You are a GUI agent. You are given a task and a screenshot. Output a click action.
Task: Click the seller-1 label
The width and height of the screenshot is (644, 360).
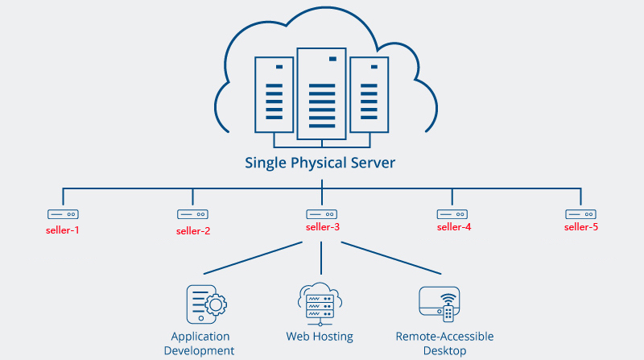click(63, 230)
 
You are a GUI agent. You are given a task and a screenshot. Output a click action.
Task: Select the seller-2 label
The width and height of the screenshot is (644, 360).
click(193, 231)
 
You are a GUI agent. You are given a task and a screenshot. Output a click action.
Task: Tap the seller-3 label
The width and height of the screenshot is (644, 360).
click(323, 227)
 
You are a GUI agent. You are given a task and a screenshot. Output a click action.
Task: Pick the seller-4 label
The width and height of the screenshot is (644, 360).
click(454, 227)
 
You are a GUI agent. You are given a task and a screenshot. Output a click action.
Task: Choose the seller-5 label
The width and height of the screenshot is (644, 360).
click(581, 227)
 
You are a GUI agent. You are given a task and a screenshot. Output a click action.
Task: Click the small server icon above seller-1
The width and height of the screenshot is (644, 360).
click(63, 214)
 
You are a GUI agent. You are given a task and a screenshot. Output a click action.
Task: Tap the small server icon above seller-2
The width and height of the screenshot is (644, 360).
click(193, 214)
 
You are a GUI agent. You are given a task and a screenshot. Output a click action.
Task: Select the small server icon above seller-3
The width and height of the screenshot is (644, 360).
click(322, 214)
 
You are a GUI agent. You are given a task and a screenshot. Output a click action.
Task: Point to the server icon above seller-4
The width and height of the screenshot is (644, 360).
click(452, 214)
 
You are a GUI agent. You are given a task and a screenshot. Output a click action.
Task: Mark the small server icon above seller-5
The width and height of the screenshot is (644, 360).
click(580, 214)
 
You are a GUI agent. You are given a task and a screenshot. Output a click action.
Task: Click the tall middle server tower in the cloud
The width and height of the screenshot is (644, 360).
click(321, 93)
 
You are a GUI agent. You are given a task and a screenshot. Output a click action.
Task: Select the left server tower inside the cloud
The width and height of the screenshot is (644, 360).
click(275, 94)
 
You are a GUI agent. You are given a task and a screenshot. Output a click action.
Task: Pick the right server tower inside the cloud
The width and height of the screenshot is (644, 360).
click(368, 94)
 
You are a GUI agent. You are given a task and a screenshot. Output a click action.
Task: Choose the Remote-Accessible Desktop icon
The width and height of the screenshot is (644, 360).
click(440, 304)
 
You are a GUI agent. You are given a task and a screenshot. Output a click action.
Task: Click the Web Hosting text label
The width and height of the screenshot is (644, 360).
click(320, 336)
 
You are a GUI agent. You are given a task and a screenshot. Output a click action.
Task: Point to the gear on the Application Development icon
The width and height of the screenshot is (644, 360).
click(215, 306)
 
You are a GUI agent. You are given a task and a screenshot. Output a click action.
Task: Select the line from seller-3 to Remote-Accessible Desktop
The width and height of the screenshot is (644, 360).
click(386, 257)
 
